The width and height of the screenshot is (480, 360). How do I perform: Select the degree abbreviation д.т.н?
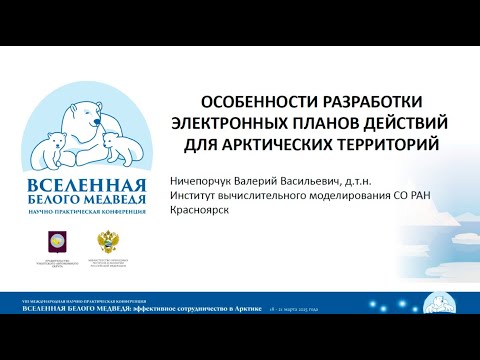pyautogui.click(x=376, y=181)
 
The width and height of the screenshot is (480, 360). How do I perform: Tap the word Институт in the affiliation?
pyautogui.click(x=200, y=198)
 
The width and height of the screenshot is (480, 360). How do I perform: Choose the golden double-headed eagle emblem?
pyautogui.click(x=106, y=240)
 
